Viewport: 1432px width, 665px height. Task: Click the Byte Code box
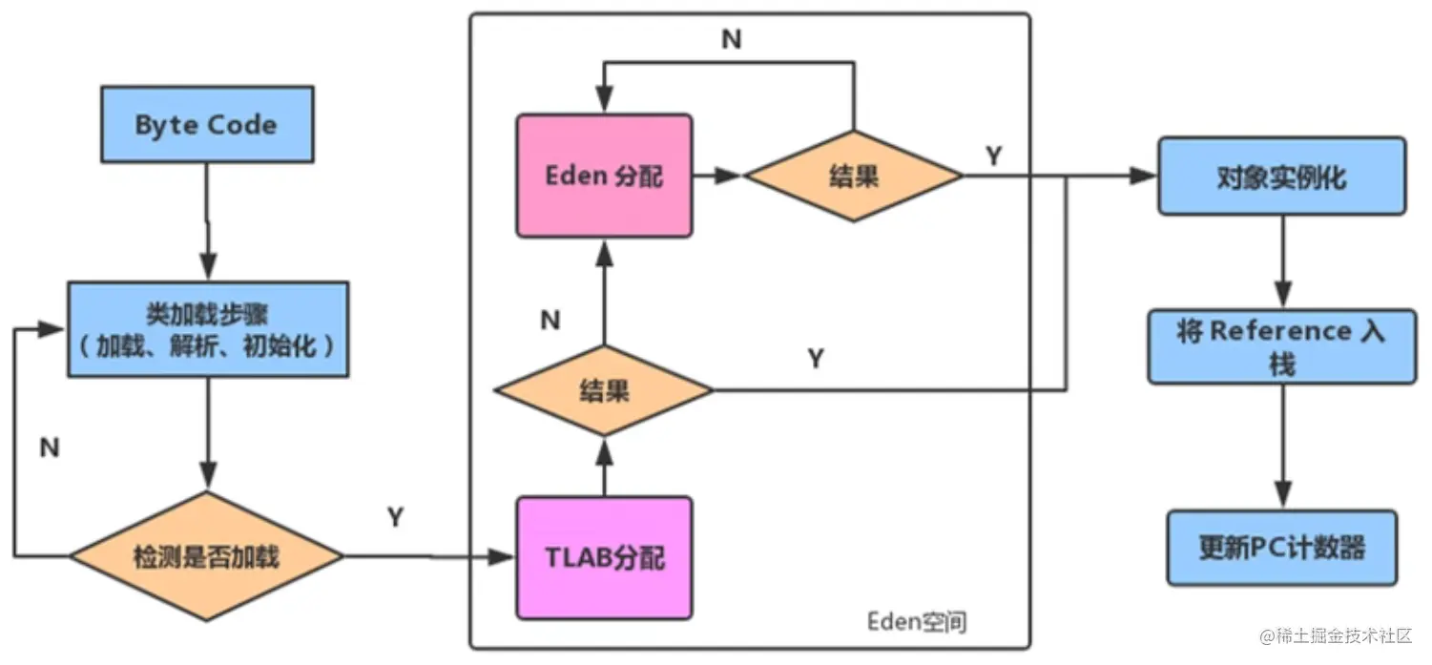[206, 124]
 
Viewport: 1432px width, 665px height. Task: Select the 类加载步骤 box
[207, 329]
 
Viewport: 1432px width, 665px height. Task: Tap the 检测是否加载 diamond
[206, 556]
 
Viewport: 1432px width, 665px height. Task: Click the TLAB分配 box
[605, 557]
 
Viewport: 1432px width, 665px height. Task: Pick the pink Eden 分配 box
[604, 177]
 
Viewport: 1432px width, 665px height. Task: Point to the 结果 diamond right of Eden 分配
[854, 177]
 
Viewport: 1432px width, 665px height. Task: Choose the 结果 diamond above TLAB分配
[603, 390]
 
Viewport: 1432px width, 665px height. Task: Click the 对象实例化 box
[1281, 177]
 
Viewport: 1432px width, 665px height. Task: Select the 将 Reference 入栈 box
[1281, 346]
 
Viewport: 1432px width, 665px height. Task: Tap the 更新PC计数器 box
[1281, 548]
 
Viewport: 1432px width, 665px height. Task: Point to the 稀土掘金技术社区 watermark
[1336, 635]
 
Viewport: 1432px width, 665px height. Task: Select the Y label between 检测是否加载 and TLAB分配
[395, 517]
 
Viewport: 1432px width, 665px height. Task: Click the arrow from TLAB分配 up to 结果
[603, 468]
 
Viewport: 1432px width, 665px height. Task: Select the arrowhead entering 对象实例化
[1143, 177]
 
